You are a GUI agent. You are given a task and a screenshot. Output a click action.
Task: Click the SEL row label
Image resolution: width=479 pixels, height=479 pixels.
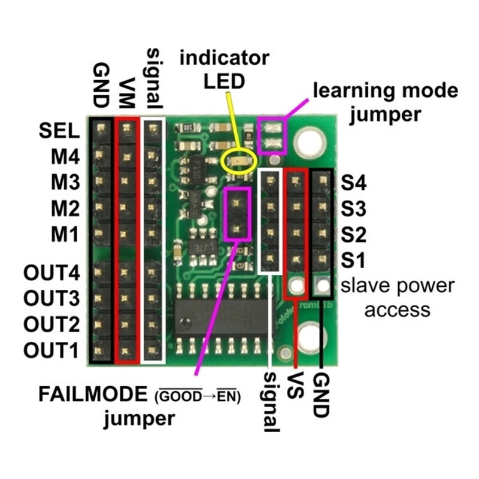(59, 131)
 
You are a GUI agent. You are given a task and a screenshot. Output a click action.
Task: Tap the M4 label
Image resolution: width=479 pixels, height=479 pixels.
(65, 157)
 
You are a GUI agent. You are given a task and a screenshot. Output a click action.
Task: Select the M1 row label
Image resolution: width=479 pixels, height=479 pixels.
(64, 235)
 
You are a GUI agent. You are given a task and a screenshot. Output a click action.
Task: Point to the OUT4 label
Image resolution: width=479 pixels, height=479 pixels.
(51, 272)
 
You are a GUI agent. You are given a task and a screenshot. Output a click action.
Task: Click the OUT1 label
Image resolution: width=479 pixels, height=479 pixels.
(51, 350)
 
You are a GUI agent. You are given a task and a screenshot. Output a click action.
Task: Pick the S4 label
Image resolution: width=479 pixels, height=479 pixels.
(353, 183)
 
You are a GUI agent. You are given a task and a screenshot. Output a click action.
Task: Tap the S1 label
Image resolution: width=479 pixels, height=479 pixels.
(353, 260)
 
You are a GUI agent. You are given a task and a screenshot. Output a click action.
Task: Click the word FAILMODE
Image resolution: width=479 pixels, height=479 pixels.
(93, 394)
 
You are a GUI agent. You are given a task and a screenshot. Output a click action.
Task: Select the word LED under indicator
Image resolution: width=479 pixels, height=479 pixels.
(224, 81)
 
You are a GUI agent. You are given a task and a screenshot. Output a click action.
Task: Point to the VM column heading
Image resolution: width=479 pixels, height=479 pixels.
(126, 93)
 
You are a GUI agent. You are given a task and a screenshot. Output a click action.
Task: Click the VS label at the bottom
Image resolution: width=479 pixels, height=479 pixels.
(295, 385)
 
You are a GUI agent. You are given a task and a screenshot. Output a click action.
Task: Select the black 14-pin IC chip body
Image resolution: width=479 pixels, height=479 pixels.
(223, 318)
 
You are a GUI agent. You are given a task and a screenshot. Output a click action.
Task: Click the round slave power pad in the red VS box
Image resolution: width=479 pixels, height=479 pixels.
(295, 286)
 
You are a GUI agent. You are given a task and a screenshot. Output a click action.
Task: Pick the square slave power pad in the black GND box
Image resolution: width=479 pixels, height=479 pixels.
(322, 286)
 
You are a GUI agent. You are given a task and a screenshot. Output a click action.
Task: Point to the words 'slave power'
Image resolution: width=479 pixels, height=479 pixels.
(398, 286)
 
